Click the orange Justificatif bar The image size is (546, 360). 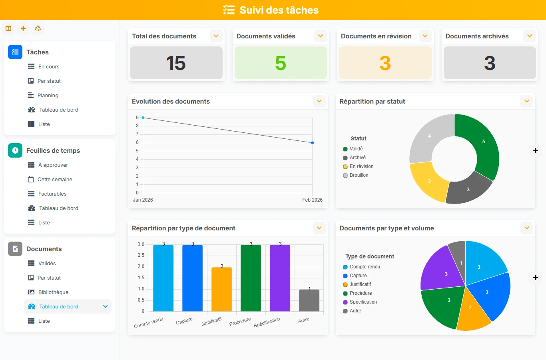point(221,289)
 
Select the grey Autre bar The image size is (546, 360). point(309,300)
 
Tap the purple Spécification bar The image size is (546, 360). point(280,278)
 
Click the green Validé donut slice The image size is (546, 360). point(480,146)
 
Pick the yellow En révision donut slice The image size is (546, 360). point(428,181)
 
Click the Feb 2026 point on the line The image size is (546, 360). point(313,143)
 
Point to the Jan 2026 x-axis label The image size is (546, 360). point(143,200)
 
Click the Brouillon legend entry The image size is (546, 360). point(356,175)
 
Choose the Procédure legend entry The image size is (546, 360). point(358,293)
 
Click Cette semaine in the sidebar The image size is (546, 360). point(50,179)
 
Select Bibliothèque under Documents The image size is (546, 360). point(48,292)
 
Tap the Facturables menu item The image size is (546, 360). point(47,194)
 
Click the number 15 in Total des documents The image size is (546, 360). point(176,63)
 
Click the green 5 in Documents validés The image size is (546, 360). point(281,63)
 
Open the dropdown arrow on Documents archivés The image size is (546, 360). point(530,36)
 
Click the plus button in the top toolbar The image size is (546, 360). point(23,28)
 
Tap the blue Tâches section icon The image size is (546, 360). point(15,52)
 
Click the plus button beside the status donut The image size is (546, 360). point(536,151)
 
